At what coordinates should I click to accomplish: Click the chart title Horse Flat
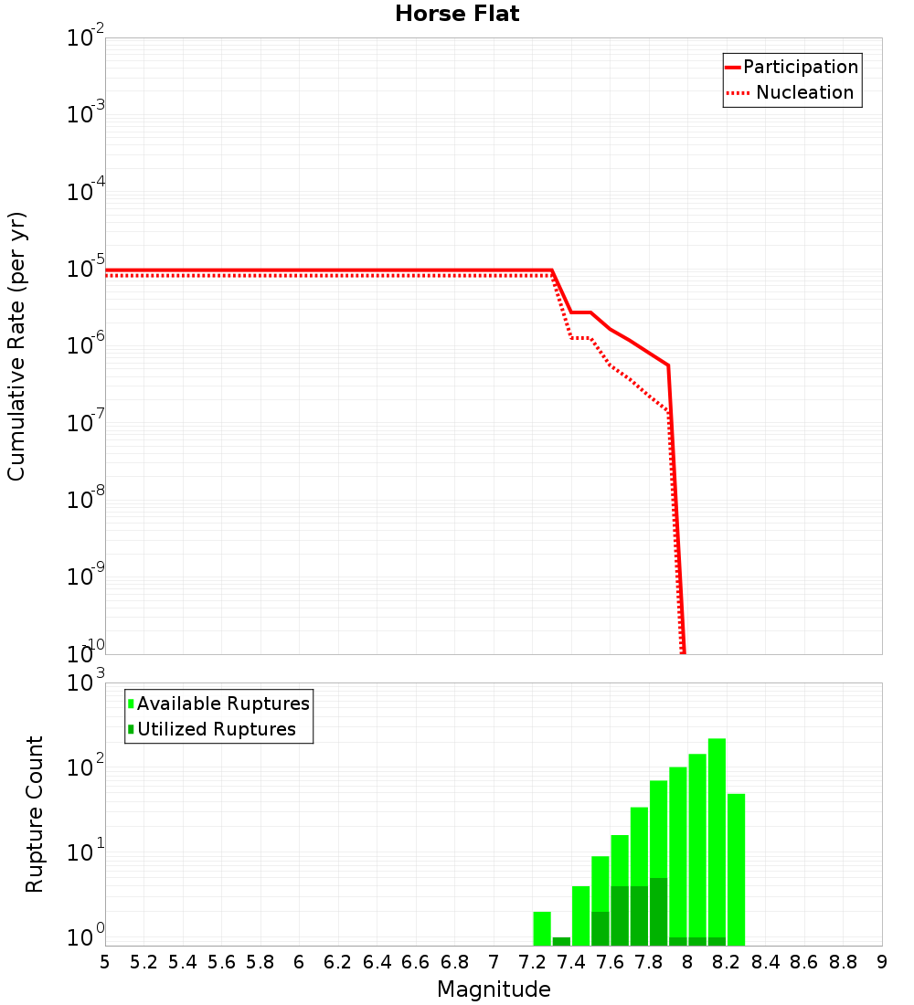pyautogui.click(x=457, y=14)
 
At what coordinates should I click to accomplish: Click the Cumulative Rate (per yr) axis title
pyautogui.click(x=16, y=346)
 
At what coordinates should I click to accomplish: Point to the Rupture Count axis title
pyautogui.click(x=35, y=814)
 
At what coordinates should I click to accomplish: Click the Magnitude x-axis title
pyautogui.click(x=494, y=989)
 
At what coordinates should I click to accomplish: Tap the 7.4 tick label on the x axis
pyautogui.click(x=571, y=962)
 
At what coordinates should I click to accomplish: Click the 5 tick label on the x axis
pyautogui.click(x=105, y=962)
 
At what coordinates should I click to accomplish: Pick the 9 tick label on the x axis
pyautogui.click(x=882, y=962)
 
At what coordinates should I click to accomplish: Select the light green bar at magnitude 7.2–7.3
pyautogui.click(x=542, y=928)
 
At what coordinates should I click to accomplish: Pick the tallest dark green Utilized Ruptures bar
pyautogui.click(x=658, y=912)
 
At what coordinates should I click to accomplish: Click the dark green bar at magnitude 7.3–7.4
pyautogui.click(x=561, y=941)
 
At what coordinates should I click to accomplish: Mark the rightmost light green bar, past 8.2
pyautogui.click(x=736, y=868)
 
